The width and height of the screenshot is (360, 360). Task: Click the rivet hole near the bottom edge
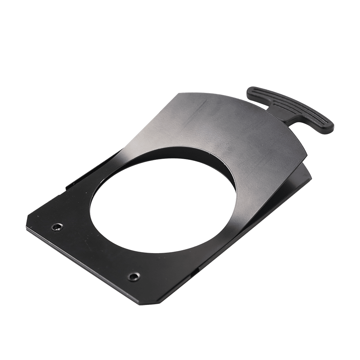[x=134, y=276]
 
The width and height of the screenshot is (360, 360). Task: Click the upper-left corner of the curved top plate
[x=179, y=94]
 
